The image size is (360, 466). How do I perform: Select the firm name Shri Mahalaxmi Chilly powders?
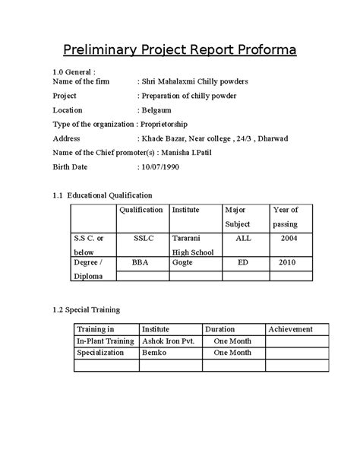194,81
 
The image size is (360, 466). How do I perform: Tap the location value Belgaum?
157,109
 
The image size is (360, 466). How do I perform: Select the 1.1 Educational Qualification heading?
102,195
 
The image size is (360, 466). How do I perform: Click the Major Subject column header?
237,217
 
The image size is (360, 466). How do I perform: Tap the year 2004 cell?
288,238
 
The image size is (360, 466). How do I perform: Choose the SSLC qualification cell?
143,238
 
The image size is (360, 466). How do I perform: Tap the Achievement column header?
291,329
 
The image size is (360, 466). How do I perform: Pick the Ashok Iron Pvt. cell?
169,341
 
